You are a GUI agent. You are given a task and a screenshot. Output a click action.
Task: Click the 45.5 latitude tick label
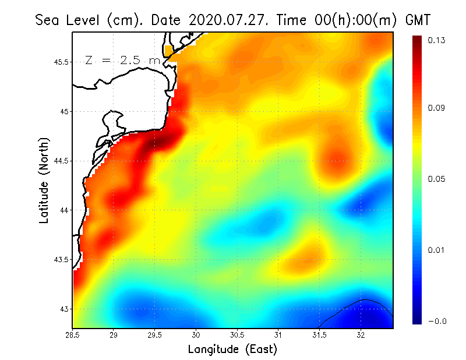(61, 62)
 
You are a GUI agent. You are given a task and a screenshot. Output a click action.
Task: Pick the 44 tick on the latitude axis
(64, 210)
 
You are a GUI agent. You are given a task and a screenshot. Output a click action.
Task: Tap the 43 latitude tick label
(64, 309)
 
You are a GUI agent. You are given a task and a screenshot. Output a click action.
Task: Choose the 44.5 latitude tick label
(61, 161)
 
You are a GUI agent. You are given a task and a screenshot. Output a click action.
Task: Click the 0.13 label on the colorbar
(437, 41)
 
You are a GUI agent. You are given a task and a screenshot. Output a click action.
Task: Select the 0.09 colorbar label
(437, 108)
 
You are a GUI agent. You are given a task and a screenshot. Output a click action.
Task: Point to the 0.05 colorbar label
(437, 179)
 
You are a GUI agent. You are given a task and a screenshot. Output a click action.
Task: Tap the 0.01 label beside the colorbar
(437, 250)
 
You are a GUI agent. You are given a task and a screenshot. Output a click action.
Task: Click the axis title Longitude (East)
(232, 350)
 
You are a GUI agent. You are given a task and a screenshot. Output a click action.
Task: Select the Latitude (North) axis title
(44, 181)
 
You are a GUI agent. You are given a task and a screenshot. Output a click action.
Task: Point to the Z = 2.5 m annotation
(122, 61)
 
